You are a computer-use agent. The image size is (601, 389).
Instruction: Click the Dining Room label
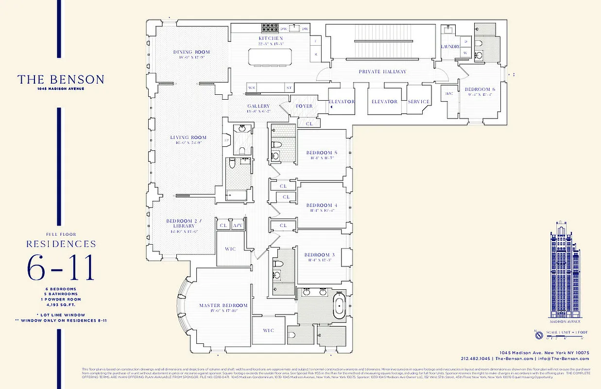(x=191, y=52)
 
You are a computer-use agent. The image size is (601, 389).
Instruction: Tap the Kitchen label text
(x=271, y=38)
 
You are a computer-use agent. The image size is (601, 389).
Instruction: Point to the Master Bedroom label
(x=223, y=305)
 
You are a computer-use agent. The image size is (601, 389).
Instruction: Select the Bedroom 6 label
(x=480, y=89)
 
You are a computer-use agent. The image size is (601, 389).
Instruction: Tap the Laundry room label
(x=449, y=46)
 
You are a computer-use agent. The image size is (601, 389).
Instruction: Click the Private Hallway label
(x=382, y=71)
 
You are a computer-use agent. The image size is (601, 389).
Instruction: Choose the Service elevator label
(x=419, y=102)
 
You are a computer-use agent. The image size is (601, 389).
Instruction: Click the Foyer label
(x=304, y=106)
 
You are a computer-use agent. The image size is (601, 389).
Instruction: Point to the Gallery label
(x=258, y=106)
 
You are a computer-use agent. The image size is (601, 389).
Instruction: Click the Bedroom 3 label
(x=320, y=255)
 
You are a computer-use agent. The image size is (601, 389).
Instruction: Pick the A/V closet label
(x=238, y=225)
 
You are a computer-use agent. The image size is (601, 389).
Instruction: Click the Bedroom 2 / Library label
(x=180, y=223)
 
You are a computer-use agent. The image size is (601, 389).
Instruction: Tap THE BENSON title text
(x=61, y=80)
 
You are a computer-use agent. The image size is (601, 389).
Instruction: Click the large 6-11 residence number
(x=61, y=268)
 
